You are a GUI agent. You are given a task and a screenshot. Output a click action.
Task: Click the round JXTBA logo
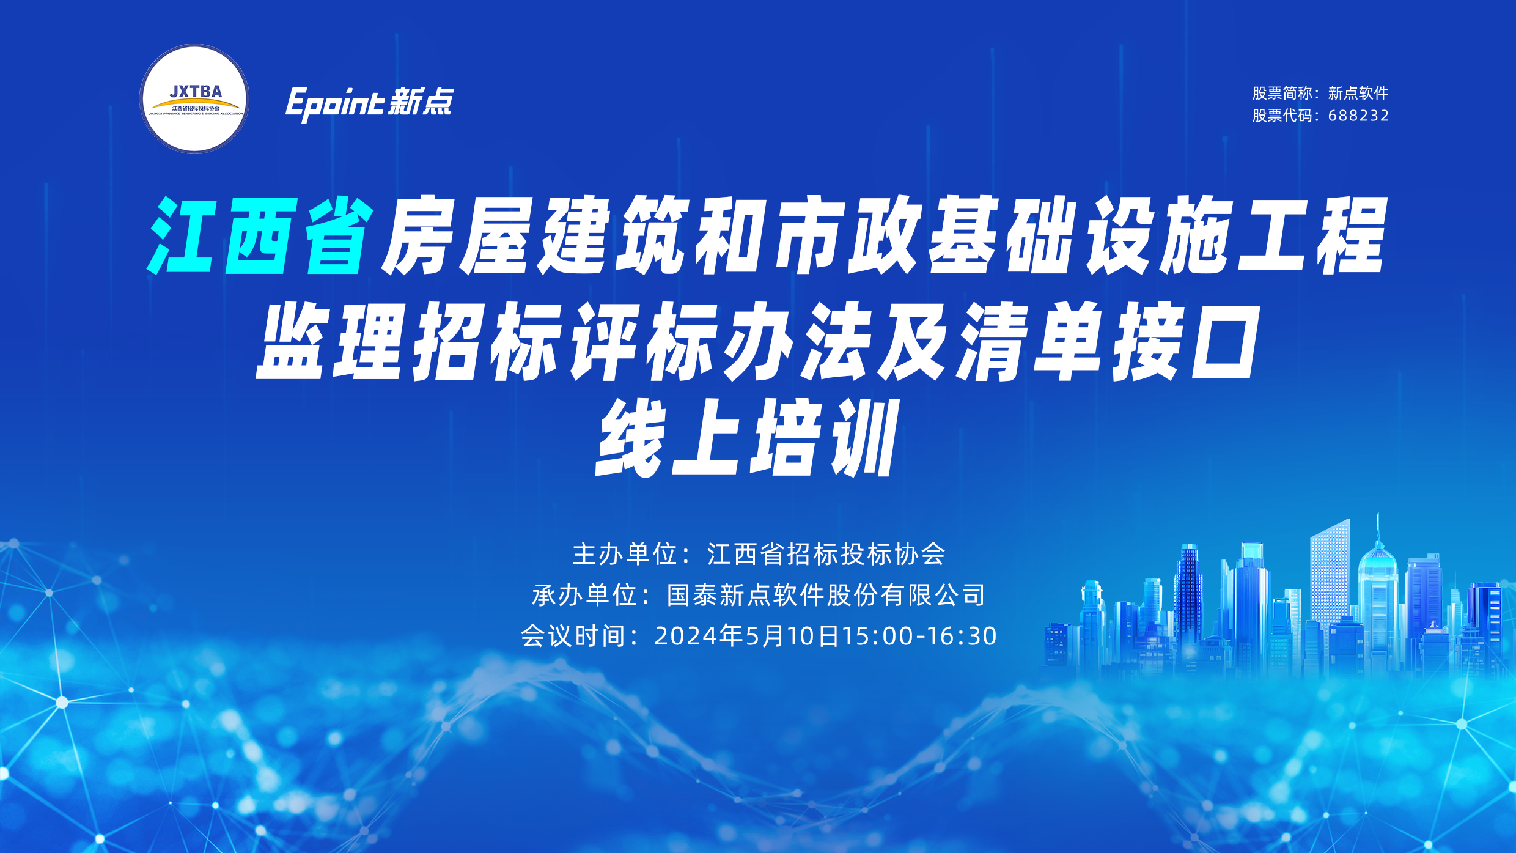[194, 99]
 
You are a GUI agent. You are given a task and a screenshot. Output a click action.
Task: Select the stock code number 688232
[1358, 116]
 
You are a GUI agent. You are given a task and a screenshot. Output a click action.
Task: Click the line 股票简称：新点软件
[1320, 93]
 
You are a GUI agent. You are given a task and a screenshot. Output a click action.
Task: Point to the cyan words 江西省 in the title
[260, 235]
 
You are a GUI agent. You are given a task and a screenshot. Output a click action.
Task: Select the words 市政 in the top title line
[846, 235]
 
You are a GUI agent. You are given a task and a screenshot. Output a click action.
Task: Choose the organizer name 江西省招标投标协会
[826, 554]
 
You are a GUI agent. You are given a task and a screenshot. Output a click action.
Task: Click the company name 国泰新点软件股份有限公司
[826, 595]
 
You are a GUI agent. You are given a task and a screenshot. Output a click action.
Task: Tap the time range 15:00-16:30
[919, 636]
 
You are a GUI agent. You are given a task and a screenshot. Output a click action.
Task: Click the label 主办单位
[625, 554]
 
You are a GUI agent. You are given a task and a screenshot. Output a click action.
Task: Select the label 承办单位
[584, 595]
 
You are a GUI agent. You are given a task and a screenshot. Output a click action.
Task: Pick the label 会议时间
[573, 636]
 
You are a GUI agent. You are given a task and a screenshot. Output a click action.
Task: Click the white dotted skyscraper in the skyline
[1330, 572]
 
